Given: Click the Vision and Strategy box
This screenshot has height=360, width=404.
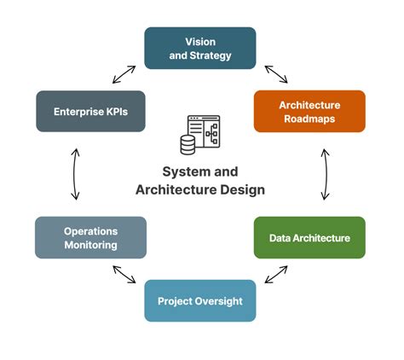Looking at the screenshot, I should pos(199,48).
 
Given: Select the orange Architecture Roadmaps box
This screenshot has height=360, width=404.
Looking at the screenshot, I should pos(309,111).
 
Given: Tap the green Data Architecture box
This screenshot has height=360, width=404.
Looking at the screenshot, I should pos(309,238).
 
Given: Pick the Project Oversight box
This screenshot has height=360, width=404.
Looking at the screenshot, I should pos(199,300).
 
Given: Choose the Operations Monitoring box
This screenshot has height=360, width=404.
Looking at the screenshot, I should pos(90,237).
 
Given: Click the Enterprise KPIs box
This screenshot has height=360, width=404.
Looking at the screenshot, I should pos(90,111).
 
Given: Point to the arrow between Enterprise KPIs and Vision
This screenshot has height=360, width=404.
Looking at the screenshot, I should pos(124,73).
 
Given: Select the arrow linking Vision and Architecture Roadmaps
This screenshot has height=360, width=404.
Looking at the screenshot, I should pos(275,73).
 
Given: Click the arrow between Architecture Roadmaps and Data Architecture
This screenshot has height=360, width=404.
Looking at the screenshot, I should pos(325,174).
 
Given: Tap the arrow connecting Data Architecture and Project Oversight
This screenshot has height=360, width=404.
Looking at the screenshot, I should pos(275,274).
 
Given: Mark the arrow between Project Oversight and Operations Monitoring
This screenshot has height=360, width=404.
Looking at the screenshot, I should pos(124,274).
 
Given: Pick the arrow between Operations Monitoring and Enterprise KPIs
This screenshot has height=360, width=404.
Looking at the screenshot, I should pos(75,174).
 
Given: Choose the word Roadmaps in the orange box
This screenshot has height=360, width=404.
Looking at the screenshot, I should pos(309,119).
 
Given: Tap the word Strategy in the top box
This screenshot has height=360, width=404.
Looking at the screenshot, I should pos(210,55).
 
